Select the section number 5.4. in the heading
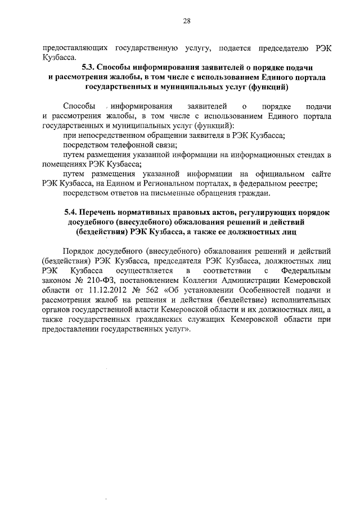[x=70, y=212]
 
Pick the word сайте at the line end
[x=319, y=174]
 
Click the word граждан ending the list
[x=238, y=195]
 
